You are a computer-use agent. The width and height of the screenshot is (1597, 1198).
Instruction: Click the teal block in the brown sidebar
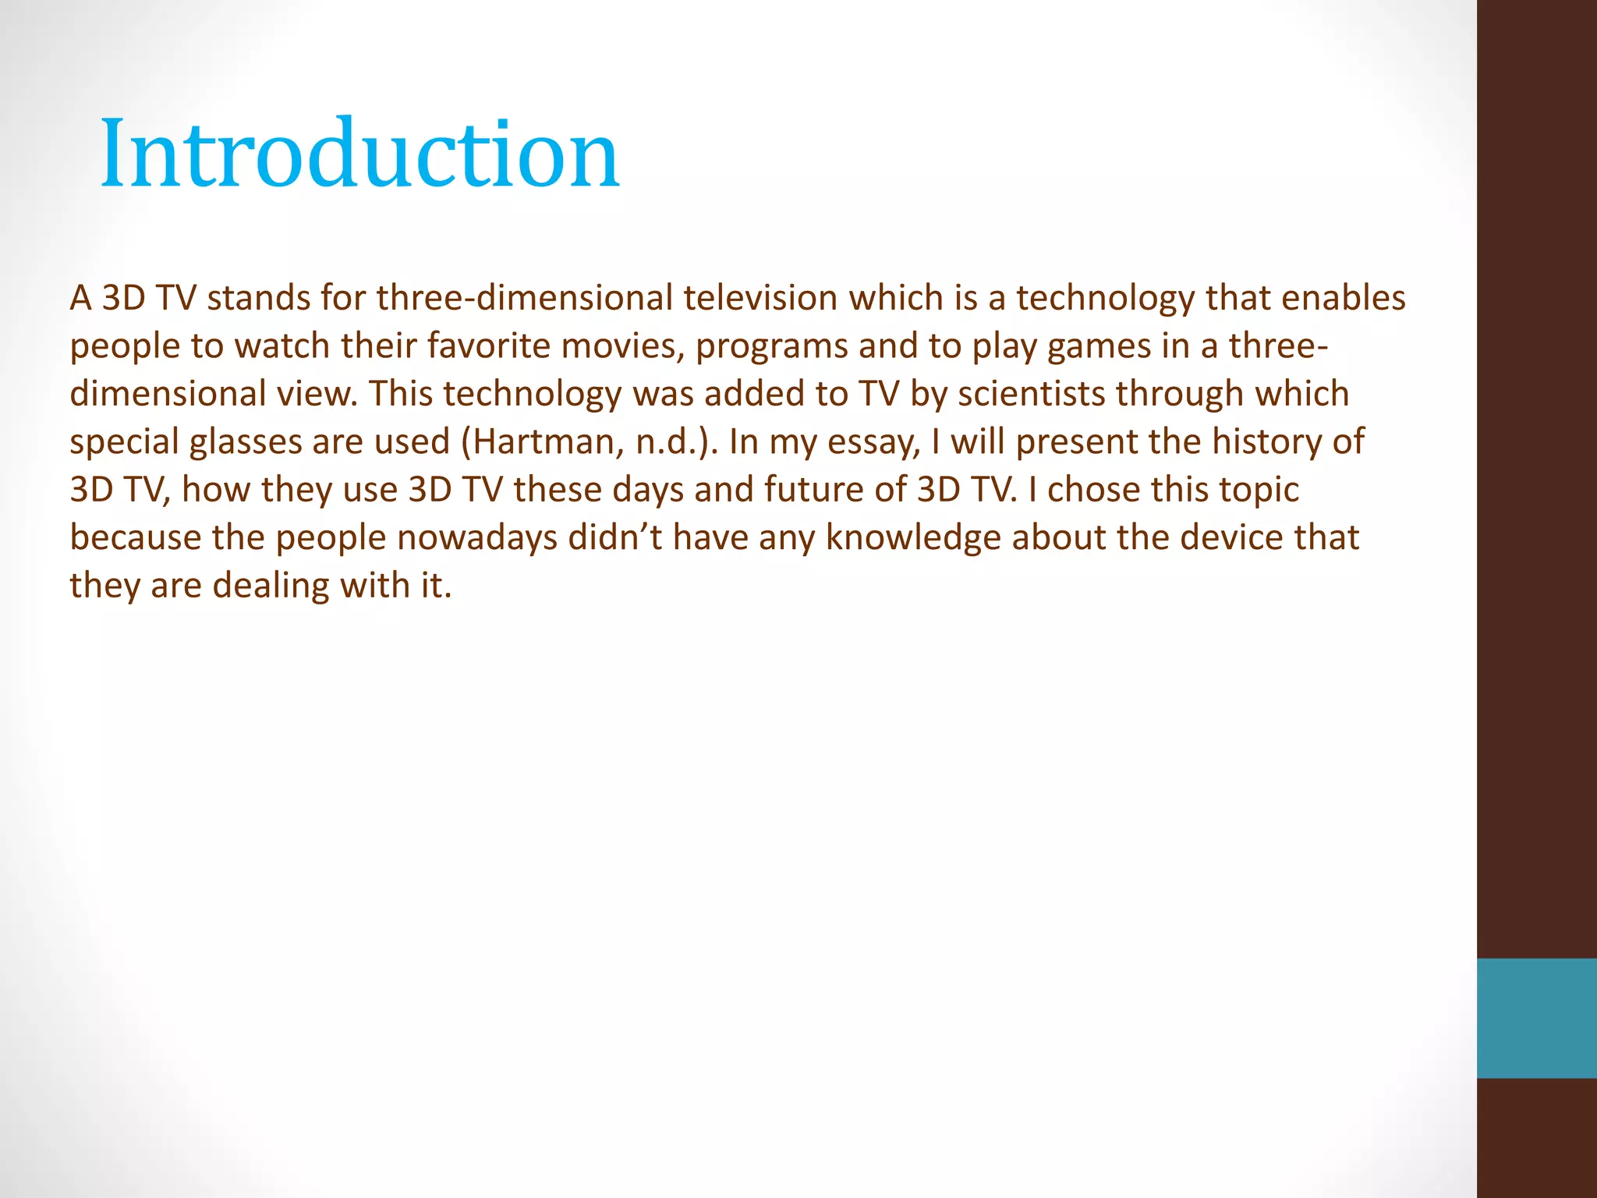click(x=1536, y=1018)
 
